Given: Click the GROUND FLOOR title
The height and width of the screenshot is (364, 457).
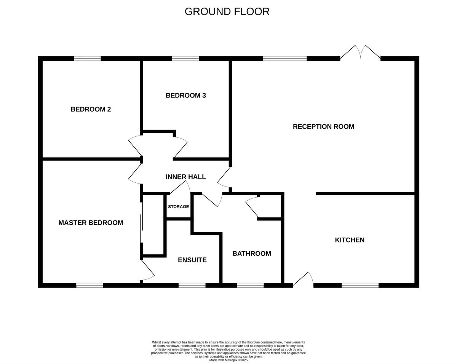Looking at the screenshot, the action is click(227, 12).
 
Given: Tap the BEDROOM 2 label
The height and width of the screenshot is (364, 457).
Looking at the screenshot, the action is click(91, 109).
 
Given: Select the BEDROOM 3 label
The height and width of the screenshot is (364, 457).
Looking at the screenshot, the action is click(186, 96).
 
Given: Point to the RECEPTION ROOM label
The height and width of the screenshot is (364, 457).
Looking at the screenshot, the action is click(323, 126).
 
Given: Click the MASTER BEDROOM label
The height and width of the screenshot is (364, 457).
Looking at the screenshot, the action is click(91, 223).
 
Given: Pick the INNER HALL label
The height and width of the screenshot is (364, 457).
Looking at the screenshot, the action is click(185, 177).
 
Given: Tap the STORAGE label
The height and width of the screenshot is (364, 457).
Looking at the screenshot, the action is click(178, 206).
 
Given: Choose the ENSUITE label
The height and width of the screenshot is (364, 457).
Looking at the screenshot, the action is click(192, 260).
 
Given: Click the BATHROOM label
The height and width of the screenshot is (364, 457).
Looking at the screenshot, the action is click(252, 253).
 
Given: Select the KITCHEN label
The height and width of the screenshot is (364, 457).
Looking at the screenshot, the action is click(350, 240).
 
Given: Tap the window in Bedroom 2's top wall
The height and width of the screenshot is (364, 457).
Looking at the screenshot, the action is click(87, 58).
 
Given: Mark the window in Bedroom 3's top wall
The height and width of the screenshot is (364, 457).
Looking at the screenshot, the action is click(185, 58).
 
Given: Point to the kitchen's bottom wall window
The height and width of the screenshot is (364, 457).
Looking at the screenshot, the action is click(360, 285).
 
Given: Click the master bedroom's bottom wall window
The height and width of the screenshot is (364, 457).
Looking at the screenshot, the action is click(89, 285).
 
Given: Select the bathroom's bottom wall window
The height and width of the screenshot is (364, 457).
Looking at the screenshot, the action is click(250, 285).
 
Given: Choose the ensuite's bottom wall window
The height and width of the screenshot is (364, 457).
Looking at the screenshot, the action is click(192, 285).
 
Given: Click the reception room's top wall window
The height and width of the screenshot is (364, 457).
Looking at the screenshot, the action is click(285, 58).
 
